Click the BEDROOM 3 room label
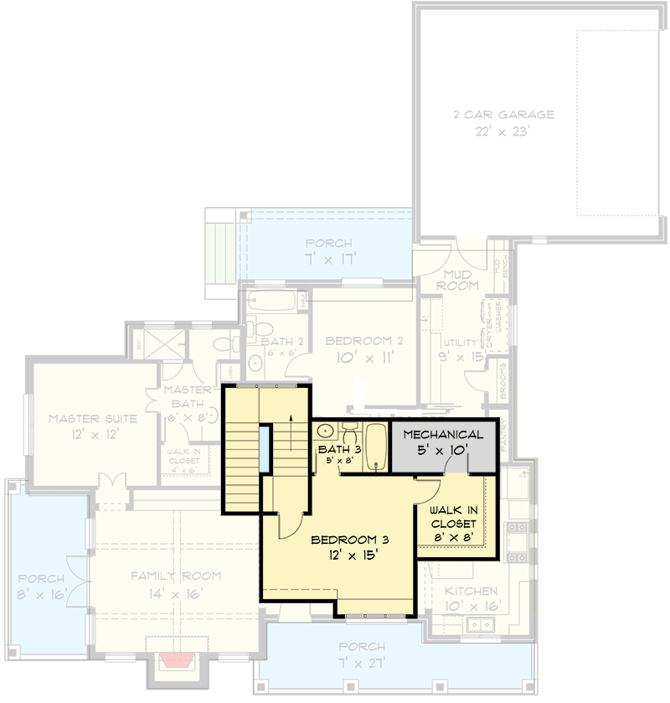pyautogui.click(x=349, y=539)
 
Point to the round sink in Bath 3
pyautogui.click(x=326, y=433)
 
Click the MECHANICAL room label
pyautogui.click(x=443, y=435)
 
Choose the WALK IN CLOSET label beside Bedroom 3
pyautogui.click(x=455, y=516)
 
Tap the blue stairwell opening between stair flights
pyautogui.click(x=265, y=450)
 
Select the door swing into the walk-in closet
pyautogui.click(x=430, y=490)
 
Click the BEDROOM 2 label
pyautogui.click(x=358, y=341)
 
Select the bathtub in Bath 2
pyautogui.click(x=271, y=301)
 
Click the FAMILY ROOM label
pyautogui.click(x=176, y=576)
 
